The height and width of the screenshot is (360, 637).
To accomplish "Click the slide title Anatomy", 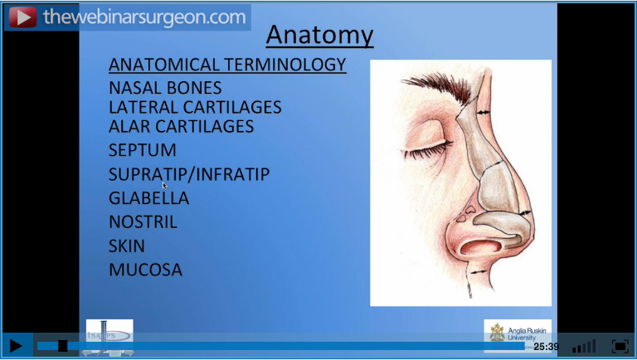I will [x=319, y=36].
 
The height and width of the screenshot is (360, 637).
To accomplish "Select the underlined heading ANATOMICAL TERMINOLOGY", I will [x=227, y=65].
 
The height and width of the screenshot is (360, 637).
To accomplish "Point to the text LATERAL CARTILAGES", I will [x=195, y=107].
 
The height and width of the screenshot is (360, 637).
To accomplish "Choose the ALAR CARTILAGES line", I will [x=181, y=126].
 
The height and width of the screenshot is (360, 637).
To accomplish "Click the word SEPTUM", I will [x=142, y=151].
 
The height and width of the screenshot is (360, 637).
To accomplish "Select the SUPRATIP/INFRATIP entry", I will [x=189, y=174].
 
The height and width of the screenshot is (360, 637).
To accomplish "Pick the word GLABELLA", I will [x=148, y=198].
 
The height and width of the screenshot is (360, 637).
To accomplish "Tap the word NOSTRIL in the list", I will [x=143, y=222].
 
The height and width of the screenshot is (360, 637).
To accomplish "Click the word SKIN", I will [x=126, y=246].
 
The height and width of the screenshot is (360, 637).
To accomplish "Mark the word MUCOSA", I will [x=145, y=270].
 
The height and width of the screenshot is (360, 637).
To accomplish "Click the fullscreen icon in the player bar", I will [x=620, y=346].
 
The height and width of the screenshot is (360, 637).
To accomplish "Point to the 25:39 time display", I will [x=546, y=347].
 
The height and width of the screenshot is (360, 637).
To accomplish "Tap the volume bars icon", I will [x=584, y=346].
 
